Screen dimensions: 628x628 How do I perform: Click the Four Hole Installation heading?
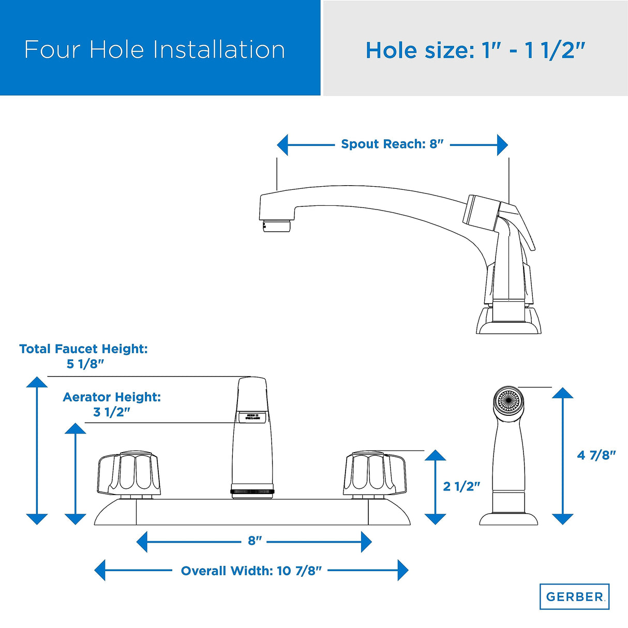click(x=154, y=50)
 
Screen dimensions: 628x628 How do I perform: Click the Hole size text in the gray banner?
click(x=475, y=51)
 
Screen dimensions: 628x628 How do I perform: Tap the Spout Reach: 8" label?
click(x=392, y=144)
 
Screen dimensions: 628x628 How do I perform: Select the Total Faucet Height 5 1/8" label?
click(x=84, y=356)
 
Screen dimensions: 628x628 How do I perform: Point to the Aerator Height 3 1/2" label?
click(x=112, y=405)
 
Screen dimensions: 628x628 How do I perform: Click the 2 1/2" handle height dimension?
click(x=461, y=486)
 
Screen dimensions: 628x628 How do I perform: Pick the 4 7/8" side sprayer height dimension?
click(x=596, y=455)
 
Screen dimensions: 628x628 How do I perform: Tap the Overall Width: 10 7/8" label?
click(x=251, y=571)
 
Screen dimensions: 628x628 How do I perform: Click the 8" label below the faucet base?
click(x=255, y=541)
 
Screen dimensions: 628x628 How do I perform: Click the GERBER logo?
click(x=574, y=596)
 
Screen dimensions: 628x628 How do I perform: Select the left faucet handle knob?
click(x=129, y=474)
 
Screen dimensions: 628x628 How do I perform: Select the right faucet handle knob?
click(x=375, y=474)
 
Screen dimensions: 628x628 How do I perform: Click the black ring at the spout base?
click(x=252, y=491)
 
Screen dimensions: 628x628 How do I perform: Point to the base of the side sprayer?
click(x=508, y=518)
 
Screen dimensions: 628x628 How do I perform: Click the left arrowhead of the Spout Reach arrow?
click(x=282, y=145)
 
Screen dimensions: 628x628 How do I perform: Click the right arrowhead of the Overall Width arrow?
click(x=402, y=571)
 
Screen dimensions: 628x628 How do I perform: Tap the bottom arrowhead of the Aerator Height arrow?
click(x=76, y=519)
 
